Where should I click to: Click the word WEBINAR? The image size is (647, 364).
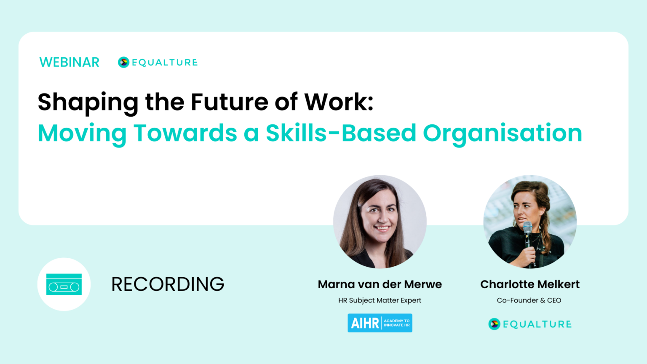(x=70, y=62)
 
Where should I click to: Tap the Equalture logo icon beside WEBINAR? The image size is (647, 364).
(x=123, y=62)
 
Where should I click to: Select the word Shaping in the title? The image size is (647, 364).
(x=88, y=102)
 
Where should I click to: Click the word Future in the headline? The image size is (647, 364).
(x=229, y=102)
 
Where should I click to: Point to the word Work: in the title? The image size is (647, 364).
(x=339, y=102)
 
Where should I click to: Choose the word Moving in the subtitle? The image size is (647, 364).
(x=82, y=133)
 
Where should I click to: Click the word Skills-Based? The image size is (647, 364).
(x=341, y=133)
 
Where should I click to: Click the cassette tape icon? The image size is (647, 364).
(x=64, y=284)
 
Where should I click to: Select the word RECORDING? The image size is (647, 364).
(x=168, y=284)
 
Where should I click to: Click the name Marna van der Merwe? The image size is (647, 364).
(x=380, y=284)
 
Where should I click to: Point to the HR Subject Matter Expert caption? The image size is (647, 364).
(x=380, y=300)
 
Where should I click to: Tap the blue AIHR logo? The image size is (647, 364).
(x=380, y=323)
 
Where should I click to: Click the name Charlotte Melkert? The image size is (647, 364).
(x=530, y=284)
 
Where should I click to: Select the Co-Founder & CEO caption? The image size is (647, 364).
(x=529, y=300)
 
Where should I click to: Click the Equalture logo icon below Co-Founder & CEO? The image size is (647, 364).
(x=494, y=324)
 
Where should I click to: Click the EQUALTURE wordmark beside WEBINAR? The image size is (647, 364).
(x=165, y=62)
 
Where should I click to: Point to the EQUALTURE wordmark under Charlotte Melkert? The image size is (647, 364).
(x=537, y=324)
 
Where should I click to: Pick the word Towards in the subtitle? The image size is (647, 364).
(x=185, y=133)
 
